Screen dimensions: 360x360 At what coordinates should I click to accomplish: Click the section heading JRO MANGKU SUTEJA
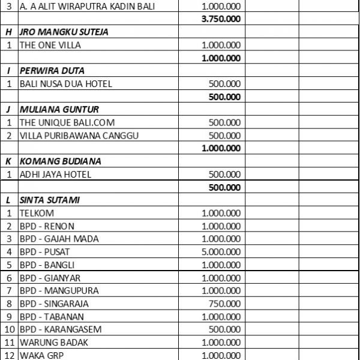click(64, 32)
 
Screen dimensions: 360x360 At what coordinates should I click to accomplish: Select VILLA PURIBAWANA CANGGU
click(79, 136)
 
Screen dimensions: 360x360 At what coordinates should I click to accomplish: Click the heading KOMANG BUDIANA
click(60, 161)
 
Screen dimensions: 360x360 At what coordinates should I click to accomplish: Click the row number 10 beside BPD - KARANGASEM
click(10, 329)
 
